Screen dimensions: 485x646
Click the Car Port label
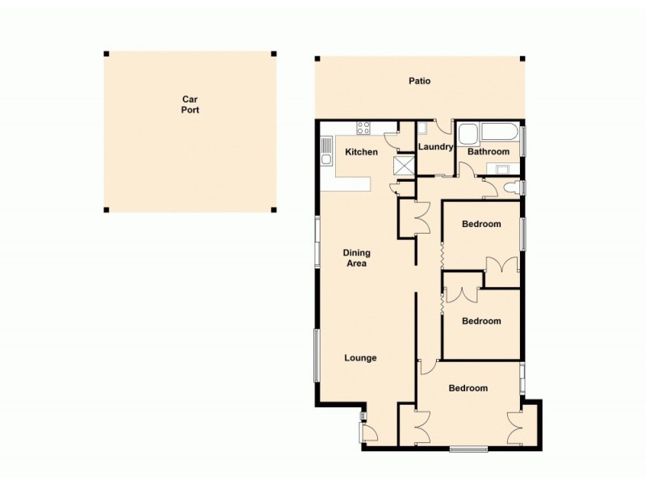pos(190,104)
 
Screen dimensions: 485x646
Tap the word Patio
pos(419,81)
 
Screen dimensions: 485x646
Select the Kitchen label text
pos(361,152)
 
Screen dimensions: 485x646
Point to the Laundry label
pos(435,147)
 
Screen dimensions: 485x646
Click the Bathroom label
pos(489,152)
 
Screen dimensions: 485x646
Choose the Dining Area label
pos(356,258)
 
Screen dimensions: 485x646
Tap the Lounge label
pos(360,357)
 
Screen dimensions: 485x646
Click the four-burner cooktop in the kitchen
pos(363,127)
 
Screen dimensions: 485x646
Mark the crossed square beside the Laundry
pos(402,166)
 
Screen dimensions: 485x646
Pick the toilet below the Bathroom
pos(510,188)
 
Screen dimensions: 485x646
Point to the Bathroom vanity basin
pos(501,169)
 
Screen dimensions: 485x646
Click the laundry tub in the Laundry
pos(422,128)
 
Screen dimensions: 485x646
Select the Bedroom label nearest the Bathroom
pos(480,224)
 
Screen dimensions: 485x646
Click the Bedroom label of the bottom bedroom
pos(468,388)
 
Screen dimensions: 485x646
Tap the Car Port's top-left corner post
pos(106,54)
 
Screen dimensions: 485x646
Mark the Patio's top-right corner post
pos(522,58)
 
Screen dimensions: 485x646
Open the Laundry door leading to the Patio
pos(443,126)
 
